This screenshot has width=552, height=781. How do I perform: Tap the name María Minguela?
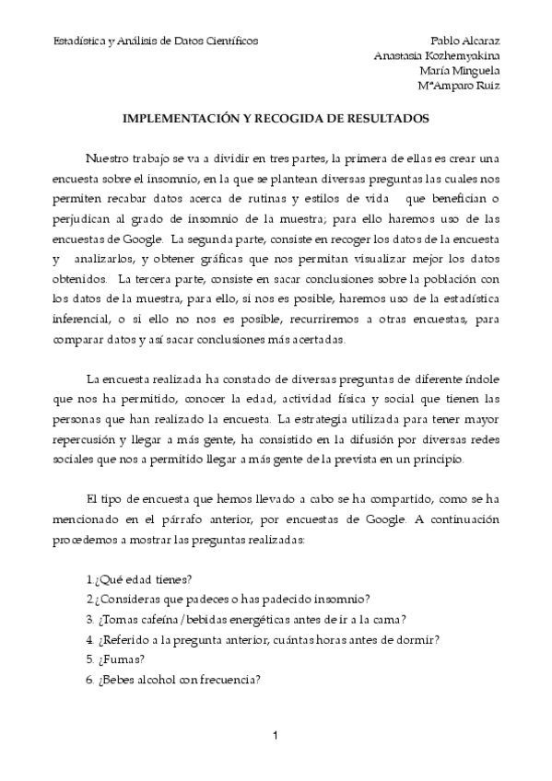(x=459, y=71)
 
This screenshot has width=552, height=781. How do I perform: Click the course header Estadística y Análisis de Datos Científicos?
(x=156, y=41)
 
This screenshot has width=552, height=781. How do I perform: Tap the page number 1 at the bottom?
(x=276, y=735)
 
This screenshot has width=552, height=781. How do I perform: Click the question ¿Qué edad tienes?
(x=138, y=579)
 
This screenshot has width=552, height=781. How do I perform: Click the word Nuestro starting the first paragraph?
(x=108, y=157)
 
